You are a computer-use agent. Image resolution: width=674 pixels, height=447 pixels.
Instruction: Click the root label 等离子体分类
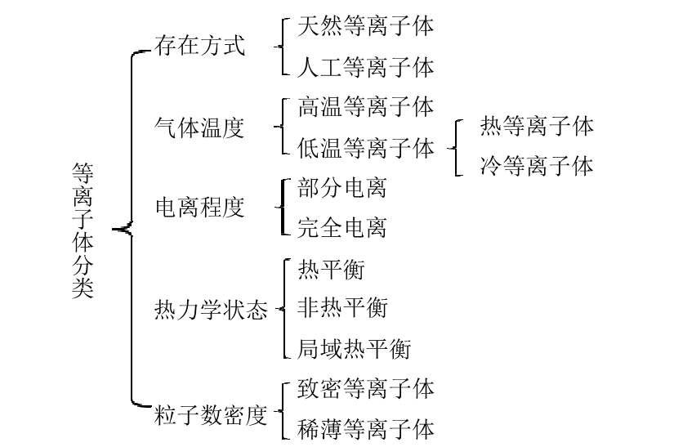[x=83, y=230]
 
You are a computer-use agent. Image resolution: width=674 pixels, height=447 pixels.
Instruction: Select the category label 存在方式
[x=199, y=47]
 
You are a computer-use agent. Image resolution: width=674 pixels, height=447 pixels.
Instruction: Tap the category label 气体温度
[x=199, y=127]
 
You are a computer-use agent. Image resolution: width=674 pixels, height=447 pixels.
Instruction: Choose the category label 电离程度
[x=199, y=208]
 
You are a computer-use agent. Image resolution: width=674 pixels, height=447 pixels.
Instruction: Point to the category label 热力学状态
[x=211, y=310]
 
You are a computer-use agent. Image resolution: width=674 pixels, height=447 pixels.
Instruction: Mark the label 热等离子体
[x=537, y=127]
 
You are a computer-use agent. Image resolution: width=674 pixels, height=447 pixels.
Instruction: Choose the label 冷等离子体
[x=537, y=167]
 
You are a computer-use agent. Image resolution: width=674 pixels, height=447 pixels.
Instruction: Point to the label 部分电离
[x=342, y=188]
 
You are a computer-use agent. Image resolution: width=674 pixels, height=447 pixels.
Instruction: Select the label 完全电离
[x=342, y=228]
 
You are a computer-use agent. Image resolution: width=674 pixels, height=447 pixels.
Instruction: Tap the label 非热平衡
[x=342, y=308]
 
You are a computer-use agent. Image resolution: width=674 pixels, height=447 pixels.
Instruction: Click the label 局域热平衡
[x=354, y=349]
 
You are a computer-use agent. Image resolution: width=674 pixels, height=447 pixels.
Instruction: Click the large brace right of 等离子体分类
[x=130, y=230]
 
